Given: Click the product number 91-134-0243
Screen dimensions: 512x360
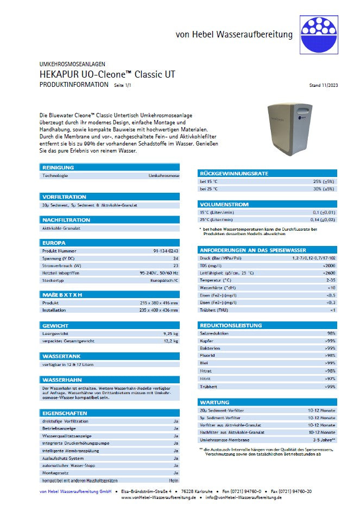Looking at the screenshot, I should point(166,251).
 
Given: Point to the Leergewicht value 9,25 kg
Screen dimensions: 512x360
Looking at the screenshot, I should point(170,333).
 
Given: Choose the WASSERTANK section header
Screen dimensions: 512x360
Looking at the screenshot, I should point(61,356).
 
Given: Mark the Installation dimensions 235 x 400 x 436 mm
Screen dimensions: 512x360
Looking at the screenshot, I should point(155,310).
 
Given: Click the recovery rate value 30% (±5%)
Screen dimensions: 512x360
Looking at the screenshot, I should point(324,188).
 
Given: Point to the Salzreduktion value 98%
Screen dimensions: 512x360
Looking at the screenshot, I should point(331,333).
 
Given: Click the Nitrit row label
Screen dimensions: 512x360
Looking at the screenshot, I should point(206,378).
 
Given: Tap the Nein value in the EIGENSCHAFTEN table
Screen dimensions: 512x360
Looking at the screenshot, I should point(174,481).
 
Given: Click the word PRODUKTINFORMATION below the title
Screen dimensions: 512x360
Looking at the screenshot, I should point(74,85).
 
